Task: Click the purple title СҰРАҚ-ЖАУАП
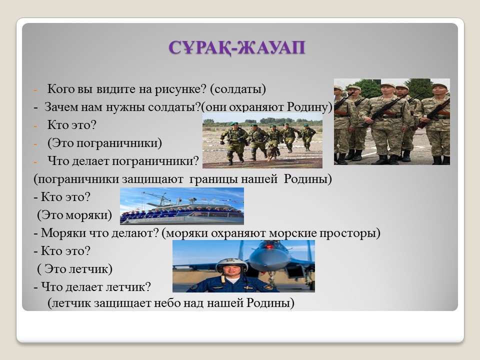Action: (237, 48)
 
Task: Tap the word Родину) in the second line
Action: (309, 107)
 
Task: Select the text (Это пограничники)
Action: (104, 143)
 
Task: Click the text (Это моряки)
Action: (74, 215)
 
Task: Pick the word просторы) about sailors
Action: (350, 233)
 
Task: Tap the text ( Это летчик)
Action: (74, 269)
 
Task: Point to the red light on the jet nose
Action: (269, 246)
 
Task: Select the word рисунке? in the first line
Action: (180, 89)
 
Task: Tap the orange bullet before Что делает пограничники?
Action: (35, 162)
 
